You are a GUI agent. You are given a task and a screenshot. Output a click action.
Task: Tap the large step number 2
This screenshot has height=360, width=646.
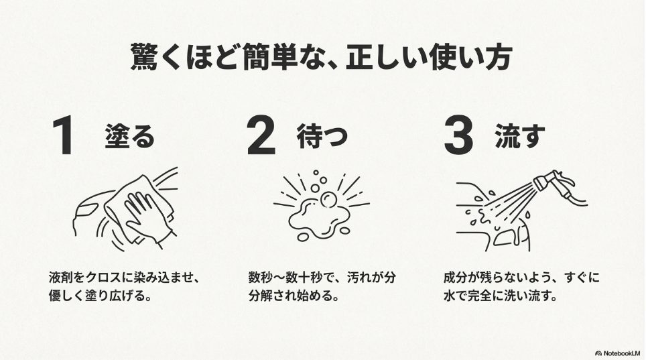pos(261,137)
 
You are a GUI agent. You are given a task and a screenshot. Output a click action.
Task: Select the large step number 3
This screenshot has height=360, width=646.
pos(458,137)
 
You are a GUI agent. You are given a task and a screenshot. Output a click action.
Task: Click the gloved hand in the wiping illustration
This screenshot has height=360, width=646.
pos(143,213)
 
